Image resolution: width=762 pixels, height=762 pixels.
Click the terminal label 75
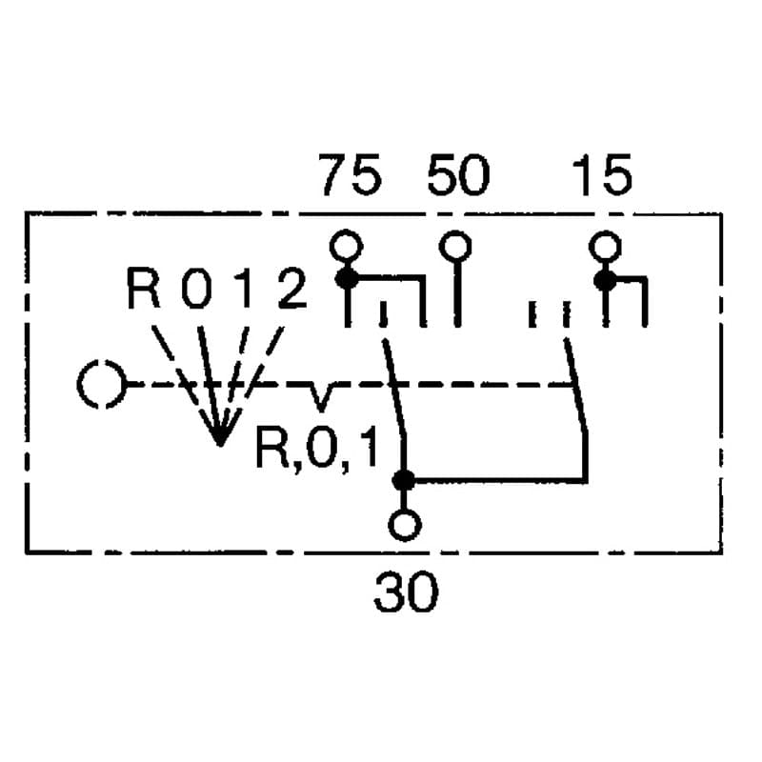tap(350, 175)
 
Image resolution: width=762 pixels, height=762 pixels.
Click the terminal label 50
tap(458, 175)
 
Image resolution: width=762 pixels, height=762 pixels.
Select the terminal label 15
tap(603, 175)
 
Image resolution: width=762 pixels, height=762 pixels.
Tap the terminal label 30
tap(407, 592)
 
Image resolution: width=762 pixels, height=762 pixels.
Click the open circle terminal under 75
tap(346, 246)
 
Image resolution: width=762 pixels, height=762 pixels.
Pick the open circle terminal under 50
tap(455, 247)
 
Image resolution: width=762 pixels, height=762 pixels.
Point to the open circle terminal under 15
tap(605, 247)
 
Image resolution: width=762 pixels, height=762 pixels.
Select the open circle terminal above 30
tap(404, 525)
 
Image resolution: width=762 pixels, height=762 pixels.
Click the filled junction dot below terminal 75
tap(347, 279)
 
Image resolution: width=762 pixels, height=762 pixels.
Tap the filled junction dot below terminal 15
tap(605, 280)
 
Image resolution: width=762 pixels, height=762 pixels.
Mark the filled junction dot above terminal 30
tap(403, 481)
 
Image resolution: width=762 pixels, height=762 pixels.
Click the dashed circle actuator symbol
tap(102, 384)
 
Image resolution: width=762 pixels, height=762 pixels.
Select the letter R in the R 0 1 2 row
tap(143, 288)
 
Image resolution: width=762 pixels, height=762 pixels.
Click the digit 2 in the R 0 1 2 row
tap(292, 288)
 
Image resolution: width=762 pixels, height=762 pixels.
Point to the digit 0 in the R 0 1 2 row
tap(196, 288)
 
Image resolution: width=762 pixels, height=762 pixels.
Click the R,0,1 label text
tap(316, 448)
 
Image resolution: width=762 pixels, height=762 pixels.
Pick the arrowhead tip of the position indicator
tap(220, 445)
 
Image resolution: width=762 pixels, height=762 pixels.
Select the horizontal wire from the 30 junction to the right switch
tap(494, 481)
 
